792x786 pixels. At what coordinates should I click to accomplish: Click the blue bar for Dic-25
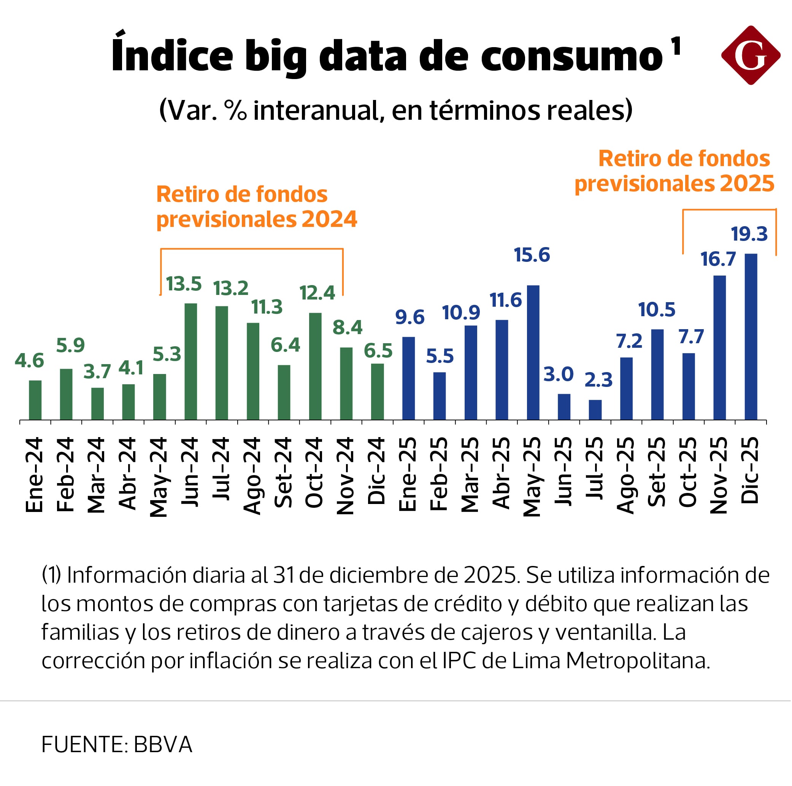(x=751, y=337)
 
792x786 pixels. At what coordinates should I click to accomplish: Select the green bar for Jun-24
(x=190, y=361)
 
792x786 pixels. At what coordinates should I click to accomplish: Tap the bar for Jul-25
(x=595, y=409)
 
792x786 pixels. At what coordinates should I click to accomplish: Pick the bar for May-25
(x=533, y=352)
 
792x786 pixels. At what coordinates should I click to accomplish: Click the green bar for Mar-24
(x=98, y=404)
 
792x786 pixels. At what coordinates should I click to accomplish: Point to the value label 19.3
(x=749, y=234)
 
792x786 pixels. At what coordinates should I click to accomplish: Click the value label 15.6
(x=532, y=255)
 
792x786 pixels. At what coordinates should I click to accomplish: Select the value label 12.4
(x=317, y=293)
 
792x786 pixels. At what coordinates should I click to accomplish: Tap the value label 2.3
(x=598, y=380)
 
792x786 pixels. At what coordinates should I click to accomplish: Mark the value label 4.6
(x=29, y=361)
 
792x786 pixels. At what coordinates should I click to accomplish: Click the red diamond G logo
(x=751, y=55)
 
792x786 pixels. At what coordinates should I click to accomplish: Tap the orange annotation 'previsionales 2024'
(x=257, y=219)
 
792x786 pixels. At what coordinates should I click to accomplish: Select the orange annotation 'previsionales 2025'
(x=675, y=183)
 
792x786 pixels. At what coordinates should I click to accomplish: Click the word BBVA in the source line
(x=163, y=745)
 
